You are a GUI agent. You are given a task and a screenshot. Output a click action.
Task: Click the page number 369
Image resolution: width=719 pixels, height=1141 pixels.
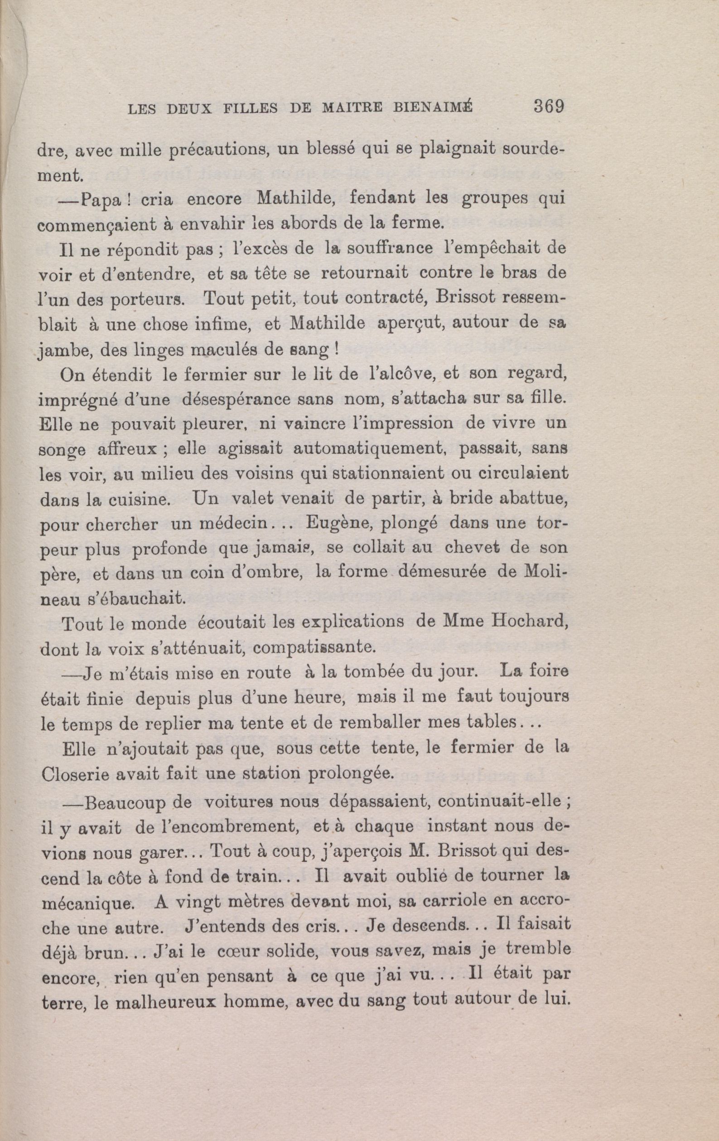click(548, 106)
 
